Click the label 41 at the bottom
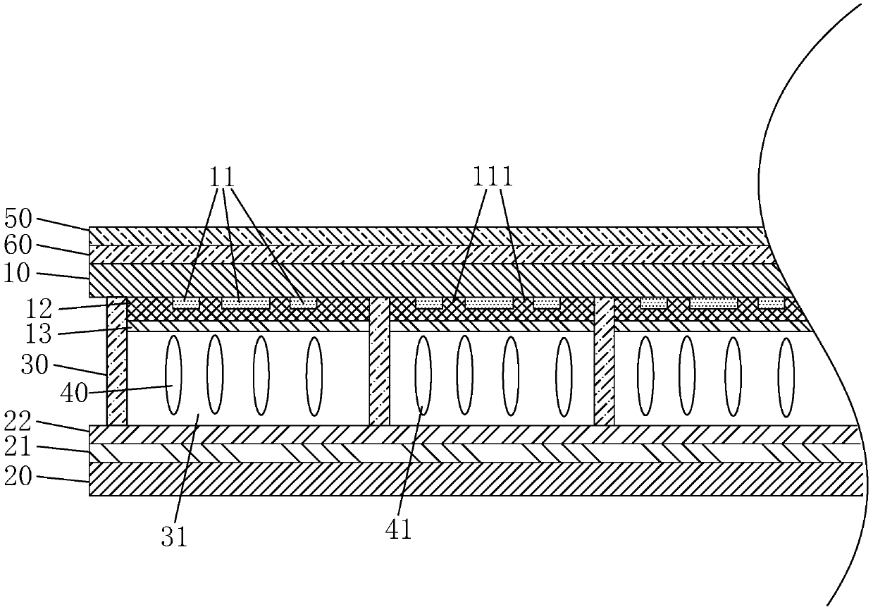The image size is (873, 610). tap(399, 529)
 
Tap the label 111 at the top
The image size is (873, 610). tap(493, 177)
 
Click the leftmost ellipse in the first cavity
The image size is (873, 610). tap(173, 375)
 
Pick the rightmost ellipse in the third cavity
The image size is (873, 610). tap(786, 377)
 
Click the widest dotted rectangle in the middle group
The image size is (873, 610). tap(489, 303)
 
